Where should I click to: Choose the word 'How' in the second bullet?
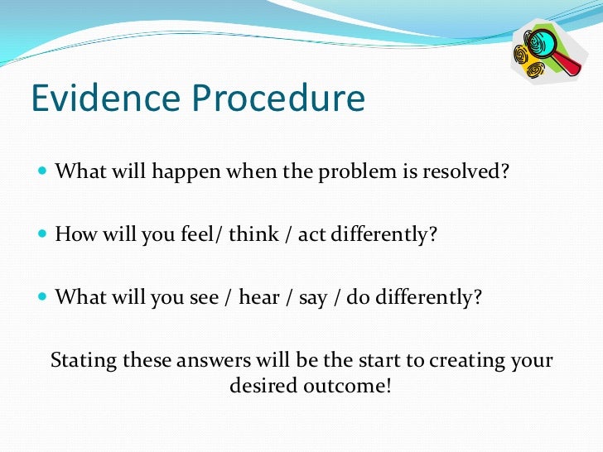coord(74,234)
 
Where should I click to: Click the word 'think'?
coord(253,234)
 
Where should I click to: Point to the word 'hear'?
coord(259,297)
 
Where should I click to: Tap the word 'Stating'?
coord(84,362)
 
